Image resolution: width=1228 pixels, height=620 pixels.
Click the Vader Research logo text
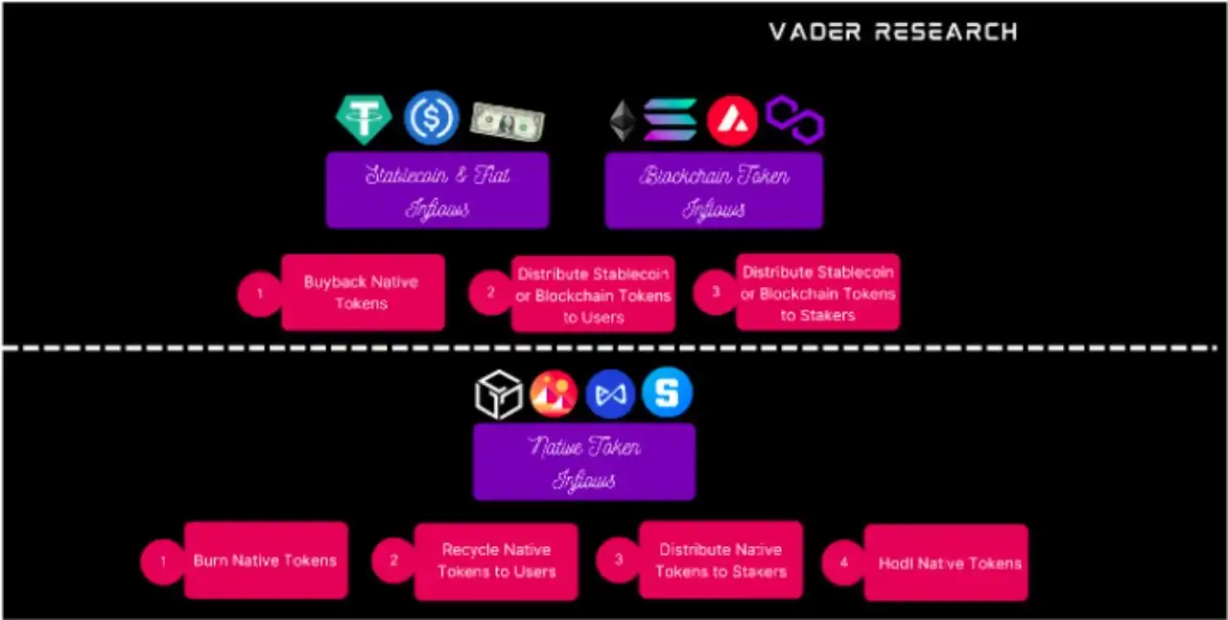point(892,31)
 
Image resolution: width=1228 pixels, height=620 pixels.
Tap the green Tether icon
point(364,119)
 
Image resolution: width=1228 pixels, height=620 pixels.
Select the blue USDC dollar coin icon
point(431,118)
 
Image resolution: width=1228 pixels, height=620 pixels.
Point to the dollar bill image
point(507,121)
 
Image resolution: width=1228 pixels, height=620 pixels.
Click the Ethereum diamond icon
point(623,121)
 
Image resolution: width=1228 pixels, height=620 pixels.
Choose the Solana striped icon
point(670,120)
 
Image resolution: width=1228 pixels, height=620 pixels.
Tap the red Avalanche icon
point(732,121)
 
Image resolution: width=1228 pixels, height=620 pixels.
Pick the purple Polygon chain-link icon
point(794,119)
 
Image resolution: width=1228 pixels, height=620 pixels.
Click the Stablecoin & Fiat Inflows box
point(437,190)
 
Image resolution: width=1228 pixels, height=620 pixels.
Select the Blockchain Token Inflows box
point(714,190)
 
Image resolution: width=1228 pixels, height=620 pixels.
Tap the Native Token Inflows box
point(583,462)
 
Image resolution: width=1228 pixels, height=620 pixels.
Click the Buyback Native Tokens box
point(362,293)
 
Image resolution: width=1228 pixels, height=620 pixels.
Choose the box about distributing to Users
point(593,294)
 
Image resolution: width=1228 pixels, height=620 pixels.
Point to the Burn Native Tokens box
point(265,560)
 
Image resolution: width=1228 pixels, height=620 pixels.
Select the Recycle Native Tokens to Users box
point(496,561)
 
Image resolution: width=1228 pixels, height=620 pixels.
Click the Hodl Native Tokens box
point(945,562)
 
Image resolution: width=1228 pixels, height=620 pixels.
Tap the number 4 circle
point(844,562)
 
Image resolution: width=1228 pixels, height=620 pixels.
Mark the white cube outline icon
point(499,394)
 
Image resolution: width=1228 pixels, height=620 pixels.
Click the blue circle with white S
point(667,393)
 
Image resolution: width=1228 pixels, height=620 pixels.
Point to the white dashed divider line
point(614,347)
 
